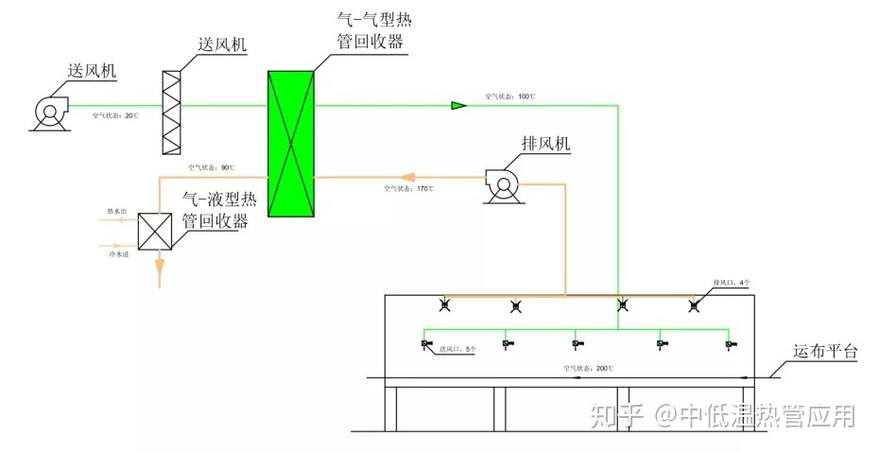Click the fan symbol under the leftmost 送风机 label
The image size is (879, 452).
(48, 112)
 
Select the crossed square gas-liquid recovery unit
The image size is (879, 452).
(154, 231)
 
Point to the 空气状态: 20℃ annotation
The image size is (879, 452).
(115, 115)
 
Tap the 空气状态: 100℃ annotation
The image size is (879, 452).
(510, 96)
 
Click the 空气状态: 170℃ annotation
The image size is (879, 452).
(408, 189)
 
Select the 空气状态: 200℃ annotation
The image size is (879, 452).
(588, 368)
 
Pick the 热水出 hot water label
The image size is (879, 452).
(116, 212)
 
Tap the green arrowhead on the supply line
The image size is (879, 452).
(458, 104)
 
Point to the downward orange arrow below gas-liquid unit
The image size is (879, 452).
(159, 276)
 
